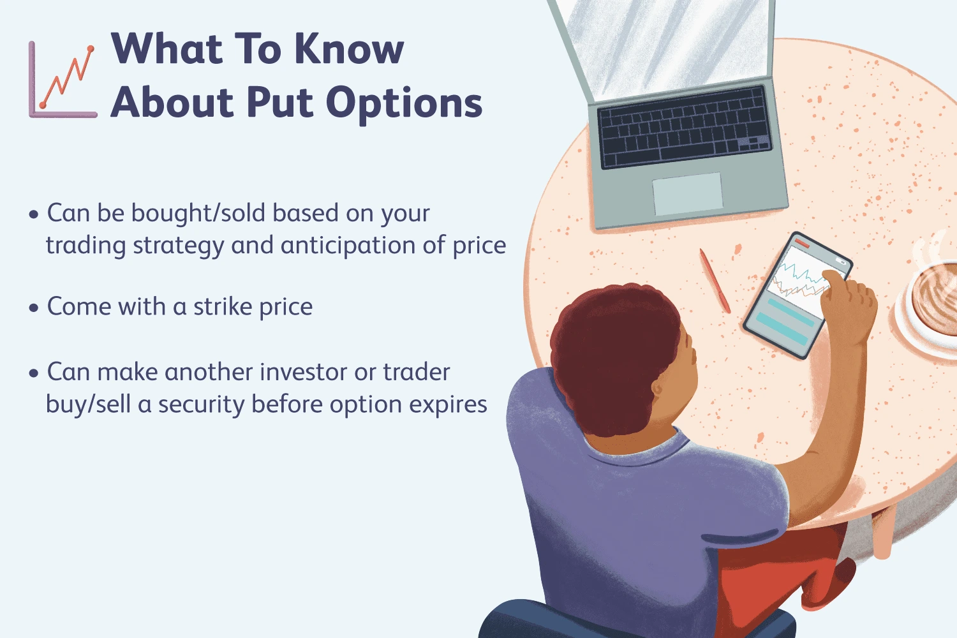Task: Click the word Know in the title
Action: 348,49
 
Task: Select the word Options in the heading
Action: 404,104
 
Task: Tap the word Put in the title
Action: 280,102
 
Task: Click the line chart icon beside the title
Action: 63,80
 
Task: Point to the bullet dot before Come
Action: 34,308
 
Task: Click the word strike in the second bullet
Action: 223,306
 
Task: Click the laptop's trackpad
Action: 687,193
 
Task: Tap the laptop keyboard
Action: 685,126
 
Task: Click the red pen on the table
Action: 715,281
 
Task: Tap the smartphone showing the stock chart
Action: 797,295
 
